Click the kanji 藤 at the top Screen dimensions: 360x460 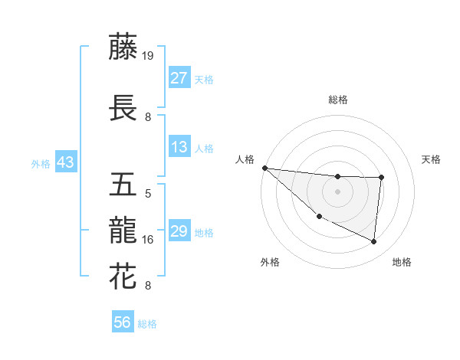coord(123,47)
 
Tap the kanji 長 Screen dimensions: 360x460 coord(123,108)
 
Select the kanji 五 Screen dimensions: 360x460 coord(123,185)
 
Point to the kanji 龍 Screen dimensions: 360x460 coord(123,230)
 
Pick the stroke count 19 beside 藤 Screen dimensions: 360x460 coord(148,56)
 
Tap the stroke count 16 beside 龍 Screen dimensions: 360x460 coord(148,240)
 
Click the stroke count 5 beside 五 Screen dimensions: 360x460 coord(148,194)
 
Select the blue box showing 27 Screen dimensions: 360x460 coord(179,78)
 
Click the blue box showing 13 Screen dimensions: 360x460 coord(179,147)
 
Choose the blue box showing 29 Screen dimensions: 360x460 coord(179,231)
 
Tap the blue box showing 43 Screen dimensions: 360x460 coord(65,162)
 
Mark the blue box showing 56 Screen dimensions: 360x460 coord(122,322)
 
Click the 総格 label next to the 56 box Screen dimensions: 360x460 coord(147,324)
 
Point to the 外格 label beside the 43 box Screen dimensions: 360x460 coord(41,163)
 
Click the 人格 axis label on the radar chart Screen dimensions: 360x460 coord(245,159)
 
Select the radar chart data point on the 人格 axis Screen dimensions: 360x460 coord(264,168)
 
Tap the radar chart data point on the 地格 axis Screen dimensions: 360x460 coord(374,242)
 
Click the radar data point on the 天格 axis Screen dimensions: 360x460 coord(381,178)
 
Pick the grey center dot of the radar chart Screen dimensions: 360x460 coord(337,191)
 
